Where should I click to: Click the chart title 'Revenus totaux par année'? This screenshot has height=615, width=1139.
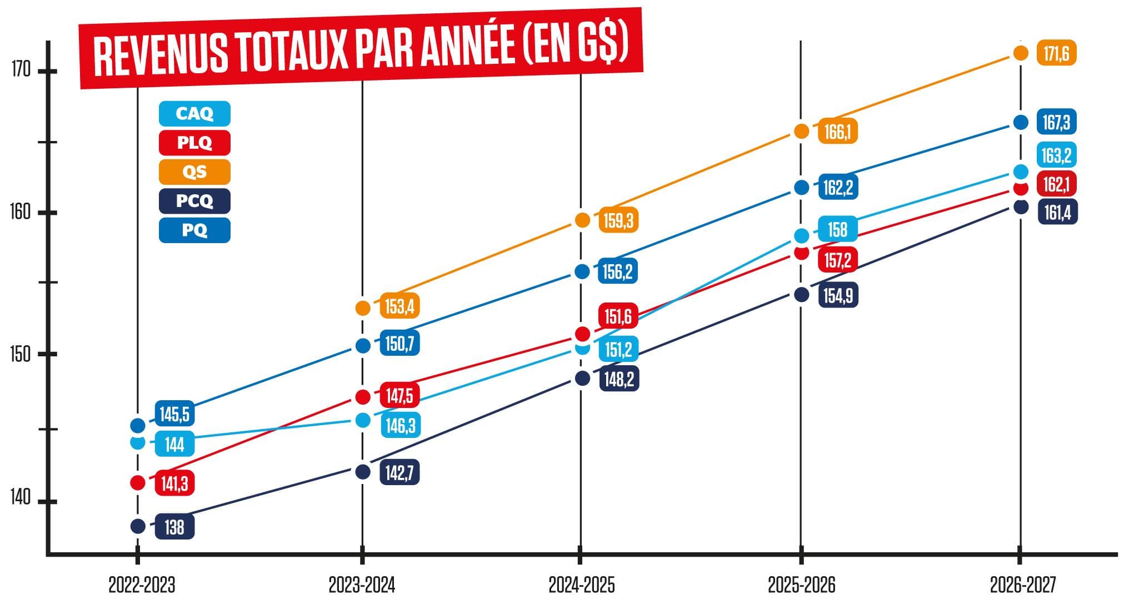[x=361, y=49]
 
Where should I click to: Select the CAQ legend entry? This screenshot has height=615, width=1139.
[x=194, y=114]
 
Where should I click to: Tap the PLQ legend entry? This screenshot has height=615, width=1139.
[x=194, y=143]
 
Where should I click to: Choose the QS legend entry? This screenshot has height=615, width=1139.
[x=194, y=172]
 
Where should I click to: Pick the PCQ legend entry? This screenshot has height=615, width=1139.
[x=194, y=201]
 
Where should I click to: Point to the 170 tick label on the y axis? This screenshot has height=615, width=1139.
[x=21, y=70]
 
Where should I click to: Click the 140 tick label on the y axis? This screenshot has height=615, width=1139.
[x=21, y=498]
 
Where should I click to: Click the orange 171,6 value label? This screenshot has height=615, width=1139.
[x=1056, y=54]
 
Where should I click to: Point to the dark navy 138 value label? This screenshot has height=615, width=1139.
[x=174, y=527]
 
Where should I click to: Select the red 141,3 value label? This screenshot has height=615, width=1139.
[x=174, y=483]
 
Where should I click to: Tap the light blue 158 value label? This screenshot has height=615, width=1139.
[x=837, y=230]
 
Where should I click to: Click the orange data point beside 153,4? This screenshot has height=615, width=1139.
[x=362, y=308]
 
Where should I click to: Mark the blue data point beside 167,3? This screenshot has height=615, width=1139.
[x=1021, y=123]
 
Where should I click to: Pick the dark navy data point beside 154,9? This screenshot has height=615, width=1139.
[x=801, y=295]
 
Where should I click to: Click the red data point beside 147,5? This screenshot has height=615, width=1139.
[x=362, y=397]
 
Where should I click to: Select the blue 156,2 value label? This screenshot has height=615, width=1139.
[x=617, y=272]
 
